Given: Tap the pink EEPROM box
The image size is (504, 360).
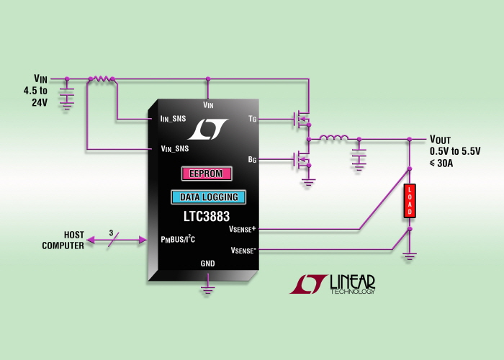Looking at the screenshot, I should (207, 174).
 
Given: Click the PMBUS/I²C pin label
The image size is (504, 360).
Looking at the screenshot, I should (184, 239).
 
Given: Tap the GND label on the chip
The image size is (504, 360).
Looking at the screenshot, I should (207, 264).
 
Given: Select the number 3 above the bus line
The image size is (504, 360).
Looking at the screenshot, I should (111, 233).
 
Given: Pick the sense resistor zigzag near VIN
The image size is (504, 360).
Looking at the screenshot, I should (101, 78).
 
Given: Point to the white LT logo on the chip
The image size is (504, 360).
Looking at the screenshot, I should (207, 129).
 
